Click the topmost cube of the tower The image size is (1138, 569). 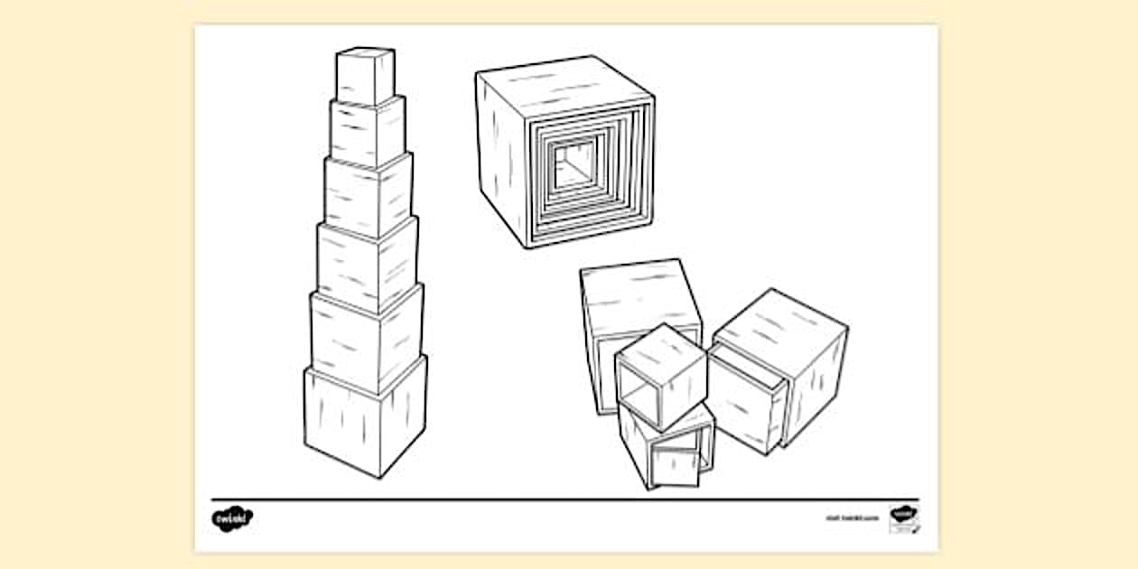pos(365,78)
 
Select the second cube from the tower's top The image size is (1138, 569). pos(366,133)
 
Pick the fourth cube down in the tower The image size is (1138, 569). pos(366,265)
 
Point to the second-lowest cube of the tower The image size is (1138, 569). pos(365,340)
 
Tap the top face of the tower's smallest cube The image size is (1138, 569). pos(365,53)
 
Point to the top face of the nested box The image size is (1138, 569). pos(564,79)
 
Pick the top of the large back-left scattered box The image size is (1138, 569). pos(639,286)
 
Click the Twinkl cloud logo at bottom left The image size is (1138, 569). pos(231,518)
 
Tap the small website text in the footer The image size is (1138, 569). pos(851,519)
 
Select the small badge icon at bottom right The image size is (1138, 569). pos(903,518)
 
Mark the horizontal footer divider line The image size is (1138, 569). pos(564,499)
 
